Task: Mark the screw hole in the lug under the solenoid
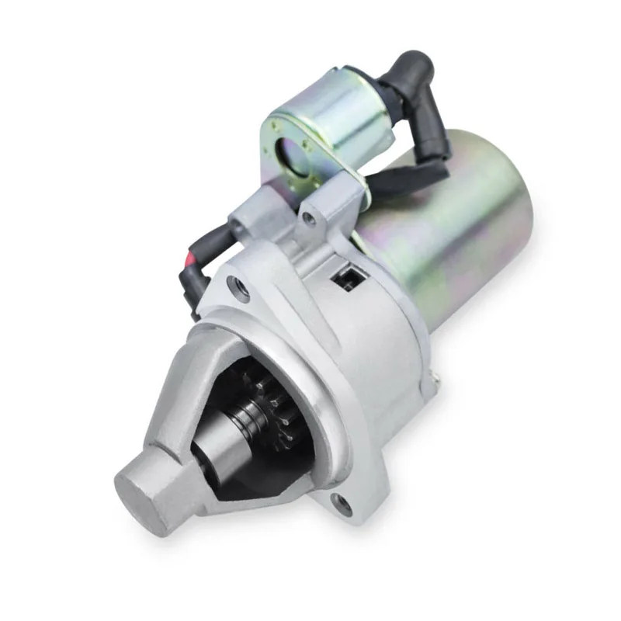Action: coord(310,219)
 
